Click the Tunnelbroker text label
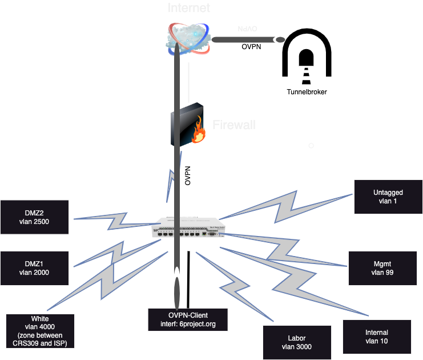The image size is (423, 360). tap(307, 92)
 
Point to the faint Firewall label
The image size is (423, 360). tap(233, 125)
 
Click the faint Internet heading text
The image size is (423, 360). tap(188, 8)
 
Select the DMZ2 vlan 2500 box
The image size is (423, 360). tap(34, 217)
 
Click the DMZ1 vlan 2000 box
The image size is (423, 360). tap(34, 268)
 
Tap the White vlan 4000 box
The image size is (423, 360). tap(40, 331)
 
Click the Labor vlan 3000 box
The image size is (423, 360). tap(297, 342)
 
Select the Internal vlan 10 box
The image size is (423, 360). tap(376, 337)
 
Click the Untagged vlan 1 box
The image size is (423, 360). tap(388, 197)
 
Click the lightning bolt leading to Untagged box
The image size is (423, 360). tap(285, 206)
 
